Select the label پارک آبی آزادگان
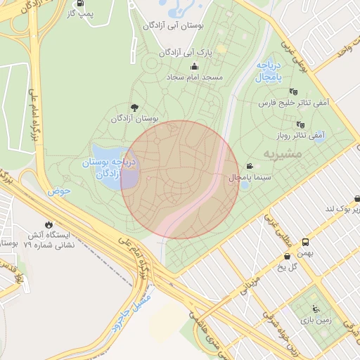pyautogui.click(x=185, y=52)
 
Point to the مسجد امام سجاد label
pyautogui.click(x=194, y=76)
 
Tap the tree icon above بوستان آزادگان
pyautogui.click(x=134, y=108)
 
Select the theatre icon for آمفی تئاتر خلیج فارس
pyautogui.click(x=293, y=91)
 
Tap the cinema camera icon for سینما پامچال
pyautogui.click(x=250, y=167)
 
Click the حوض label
pyautogui.click(x=60, y=191)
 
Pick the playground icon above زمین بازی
pyautogui.click(x=315, y=308)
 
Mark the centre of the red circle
pyautogui.click(x=180, y=179)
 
